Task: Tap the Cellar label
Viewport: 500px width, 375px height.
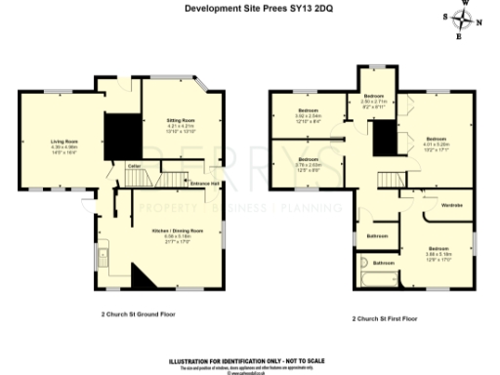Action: [136, 166]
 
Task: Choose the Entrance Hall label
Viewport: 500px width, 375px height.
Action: [203, 184]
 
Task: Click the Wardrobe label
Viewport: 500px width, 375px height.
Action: [451, 205]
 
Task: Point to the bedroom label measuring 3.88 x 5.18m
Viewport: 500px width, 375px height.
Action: [437, 249]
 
